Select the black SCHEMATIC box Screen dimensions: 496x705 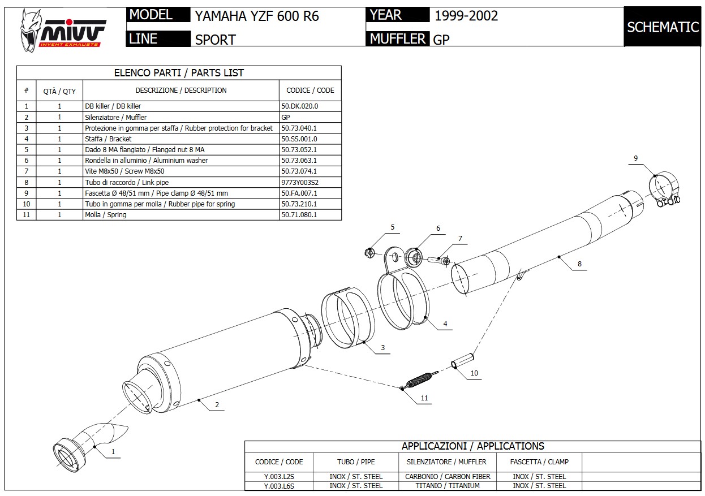coord(663,27)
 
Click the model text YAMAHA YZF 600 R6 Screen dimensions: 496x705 coord(257,16)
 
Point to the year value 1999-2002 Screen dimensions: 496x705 coord(466,16)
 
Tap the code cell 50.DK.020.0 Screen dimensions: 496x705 coord(300,106)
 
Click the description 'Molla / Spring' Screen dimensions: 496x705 coord(106,215)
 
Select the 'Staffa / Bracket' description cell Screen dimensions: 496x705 coord(108,139)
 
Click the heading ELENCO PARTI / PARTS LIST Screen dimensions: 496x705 coord(179,73)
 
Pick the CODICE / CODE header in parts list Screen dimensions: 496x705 coord(310,90)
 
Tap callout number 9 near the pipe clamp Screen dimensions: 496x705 coord(635,158)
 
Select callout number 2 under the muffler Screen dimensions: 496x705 coord(217,405)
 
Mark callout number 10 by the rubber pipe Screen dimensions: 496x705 coord(474,373)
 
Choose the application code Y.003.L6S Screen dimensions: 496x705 coord(279,486)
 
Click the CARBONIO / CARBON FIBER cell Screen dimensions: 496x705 coord(448,477)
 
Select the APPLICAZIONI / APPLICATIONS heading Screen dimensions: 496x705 coord(472,446)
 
